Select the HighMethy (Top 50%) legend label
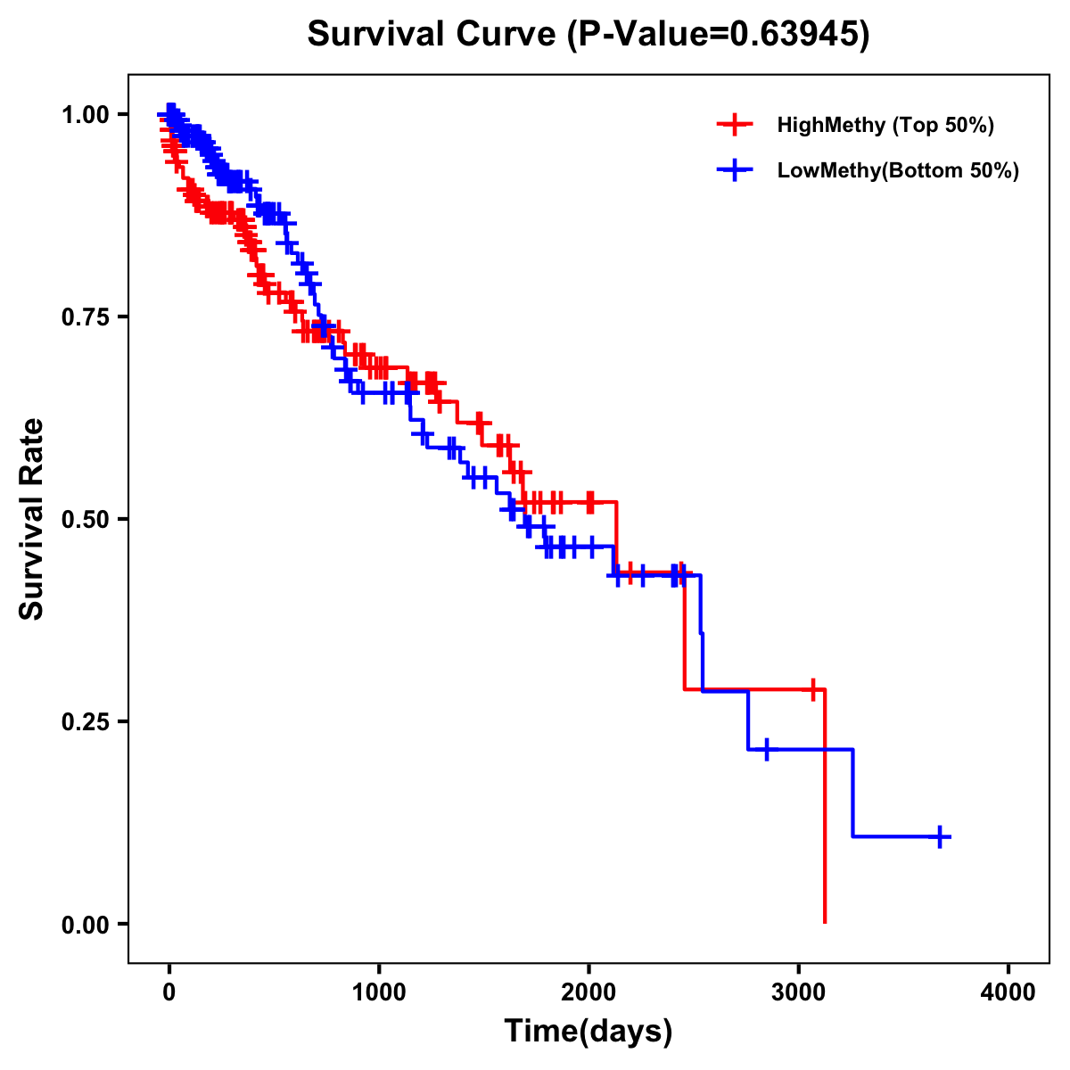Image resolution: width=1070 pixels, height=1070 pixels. coord(885,125)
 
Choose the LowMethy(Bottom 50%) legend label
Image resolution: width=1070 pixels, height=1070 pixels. coord(898,170)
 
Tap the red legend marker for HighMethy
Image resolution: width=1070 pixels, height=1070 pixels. coord(735,125)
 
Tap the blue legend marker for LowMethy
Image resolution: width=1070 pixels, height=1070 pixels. coord(735,170)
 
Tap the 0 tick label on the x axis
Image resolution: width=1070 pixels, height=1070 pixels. coord(169,992)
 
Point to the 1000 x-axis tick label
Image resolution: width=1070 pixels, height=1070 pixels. coord(379,992)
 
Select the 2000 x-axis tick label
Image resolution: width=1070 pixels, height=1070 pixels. coord(588,992)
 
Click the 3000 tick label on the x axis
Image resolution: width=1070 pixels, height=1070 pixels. coord(799,992)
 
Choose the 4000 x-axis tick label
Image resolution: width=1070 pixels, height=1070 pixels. coord(1008,992)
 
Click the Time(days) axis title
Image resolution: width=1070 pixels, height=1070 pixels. coord(588,1031)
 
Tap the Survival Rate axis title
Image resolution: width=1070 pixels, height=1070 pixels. coord(32,519)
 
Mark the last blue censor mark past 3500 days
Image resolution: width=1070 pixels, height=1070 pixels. coord(940,836)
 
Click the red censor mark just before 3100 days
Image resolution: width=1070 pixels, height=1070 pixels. coord(813,689)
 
